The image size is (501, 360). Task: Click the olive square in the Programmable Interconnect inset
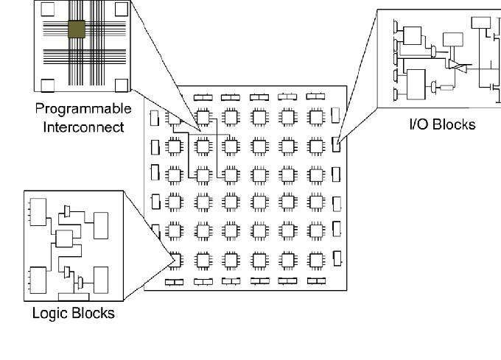[x=76, y=29]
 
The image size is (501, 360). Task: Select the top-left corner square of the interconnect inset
[x=48, y=9]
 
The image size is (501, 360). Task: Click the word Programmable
[x=83, y=109]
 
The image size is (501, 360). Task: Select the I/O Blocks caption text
[x=442, y=124]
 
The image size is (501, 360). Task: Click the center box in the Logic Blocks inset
[x=64, y=239]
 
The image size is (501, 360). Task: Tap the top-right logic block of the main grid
[x=315, y=116]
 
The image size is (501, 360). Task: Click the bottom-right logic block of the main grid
[x=315, y=259]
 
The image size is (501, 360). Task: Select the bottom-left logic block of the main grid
[x=175, y=259]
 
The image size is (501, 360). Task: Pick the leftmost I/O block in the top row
[x=201, y=96]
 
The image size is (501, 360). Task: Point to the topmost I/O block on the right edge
[x=336, y=116]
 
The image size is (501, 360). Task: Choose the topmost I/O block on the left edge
[x=154, y=118]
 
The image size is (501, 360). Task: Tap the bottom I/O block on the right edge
[x=337, y=258]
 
